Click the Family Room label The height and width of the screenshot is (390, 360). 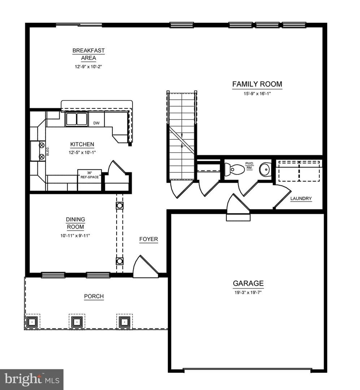click(257, 84)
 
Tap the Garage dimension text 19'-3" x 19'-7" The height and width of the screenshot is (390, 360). click(248, 292)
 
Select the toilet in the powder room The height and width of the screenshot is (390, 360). click(234, 170)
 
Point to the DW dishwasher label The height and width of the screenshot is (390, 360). click(96, 123)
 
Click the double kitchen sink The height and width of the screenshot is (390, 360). click(77, 119)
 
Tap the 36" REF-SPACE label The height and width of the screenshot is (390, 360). click(90, 175)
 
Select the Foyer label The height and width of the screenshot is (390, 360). click(148, 239)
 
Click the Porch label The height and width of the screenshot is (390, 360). click(94, 296)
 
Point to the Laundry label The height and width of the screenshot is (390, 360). click(301, 199)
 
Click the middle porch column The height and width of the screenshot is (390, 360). click(77, 322)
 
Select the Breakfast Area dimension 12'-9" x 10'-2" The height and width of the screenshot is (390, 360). click(88, 67)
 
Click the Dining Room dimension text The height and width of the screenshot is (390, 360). click(75, 235)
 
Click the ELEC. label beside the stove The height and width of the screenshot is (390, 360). click(48, 151)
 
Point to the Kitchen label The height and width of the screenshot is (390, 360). click(82, 144)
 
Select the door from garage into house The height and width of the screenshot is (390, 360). click(238, 208)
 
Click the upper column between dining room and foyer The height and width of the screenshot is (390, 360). click(120, 206)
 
